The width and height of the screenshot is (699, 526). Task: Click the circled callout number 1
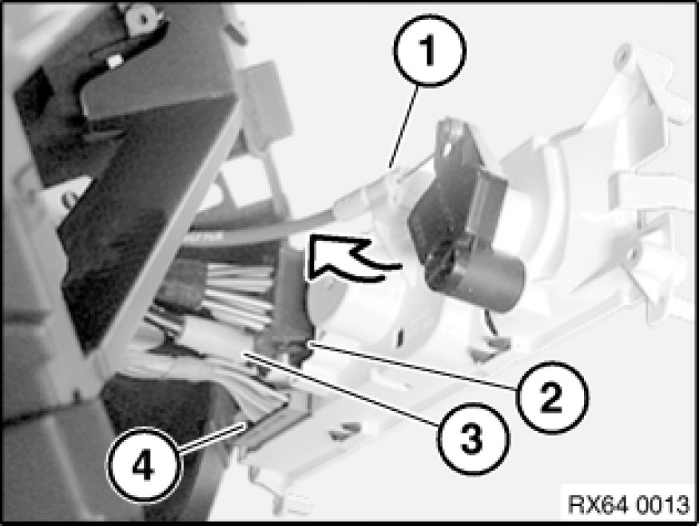tap(429, 49)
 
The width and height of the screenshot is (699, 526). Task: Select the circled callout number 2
tap(552, 397)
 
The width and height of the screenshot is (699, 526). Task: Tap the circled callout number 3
tap(473, 439)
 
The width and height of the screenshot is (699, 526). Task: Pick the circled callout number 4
tap(143, 465)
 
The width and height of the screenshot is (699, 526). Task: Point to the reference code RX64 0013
tap(629, 504)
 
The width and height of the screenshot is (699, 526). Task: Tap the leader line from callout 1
tap(404, 128)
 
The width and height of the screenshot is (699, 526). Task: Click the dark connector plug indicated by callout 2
tap(292, 307)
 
